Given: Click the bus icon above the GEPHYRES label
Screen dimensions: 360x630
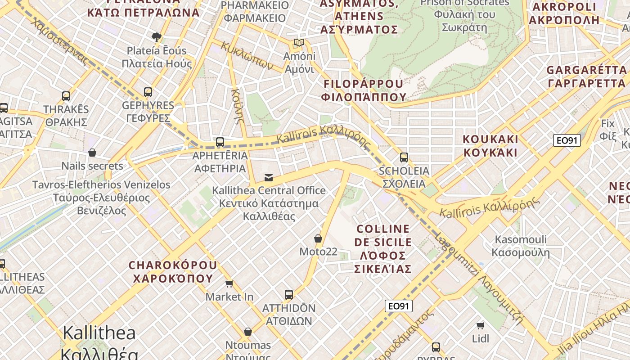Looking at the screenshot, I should (148, 92).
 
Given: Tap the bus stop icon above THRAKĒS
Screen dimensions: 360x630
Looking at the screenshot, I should (66, 96).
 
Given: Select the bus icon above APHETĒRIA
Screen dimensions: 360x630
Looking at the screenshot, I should (220, 142).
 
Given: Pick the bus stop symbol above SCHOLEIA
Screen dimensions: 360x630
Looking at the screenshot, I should (404, 157).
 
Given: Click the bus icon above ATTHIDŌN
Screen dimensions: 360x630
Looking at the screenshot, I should (289, 295).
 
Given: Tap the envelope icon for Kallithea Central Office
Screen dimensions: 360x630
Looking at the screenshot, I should (269, 177).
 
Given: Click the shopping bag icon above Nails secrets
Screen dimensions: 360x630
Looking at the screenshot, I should (92, 153).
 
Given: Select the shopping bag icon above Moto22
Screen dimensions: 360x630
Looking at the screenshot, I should (318, 238).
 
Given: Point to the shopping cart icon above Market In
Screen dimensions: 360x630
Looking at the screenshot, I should (229, 283).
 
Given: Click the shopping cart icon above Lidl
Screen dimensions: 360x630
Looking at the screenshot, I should (481, 325).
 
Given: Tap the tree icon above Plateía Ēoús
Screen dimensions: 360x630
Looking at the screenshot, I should (157, 37).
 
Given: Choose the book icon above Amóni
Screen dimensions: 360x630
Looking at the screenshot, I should (299, 43).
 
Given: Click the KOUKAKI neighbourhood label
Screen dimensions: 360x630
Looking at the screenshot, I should (490, 145).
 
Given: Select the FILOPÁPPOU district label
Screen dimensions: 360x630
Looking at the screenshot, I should (364, 90).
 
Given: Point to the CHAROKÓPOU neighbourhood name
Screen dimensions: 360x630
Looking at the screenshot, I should (173, 271).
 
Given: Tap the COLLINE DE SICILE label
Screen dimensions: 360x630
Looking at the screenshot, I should (383, 249).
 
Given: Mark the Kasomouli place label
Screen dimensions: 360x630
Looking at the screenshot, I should (521, 246).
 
